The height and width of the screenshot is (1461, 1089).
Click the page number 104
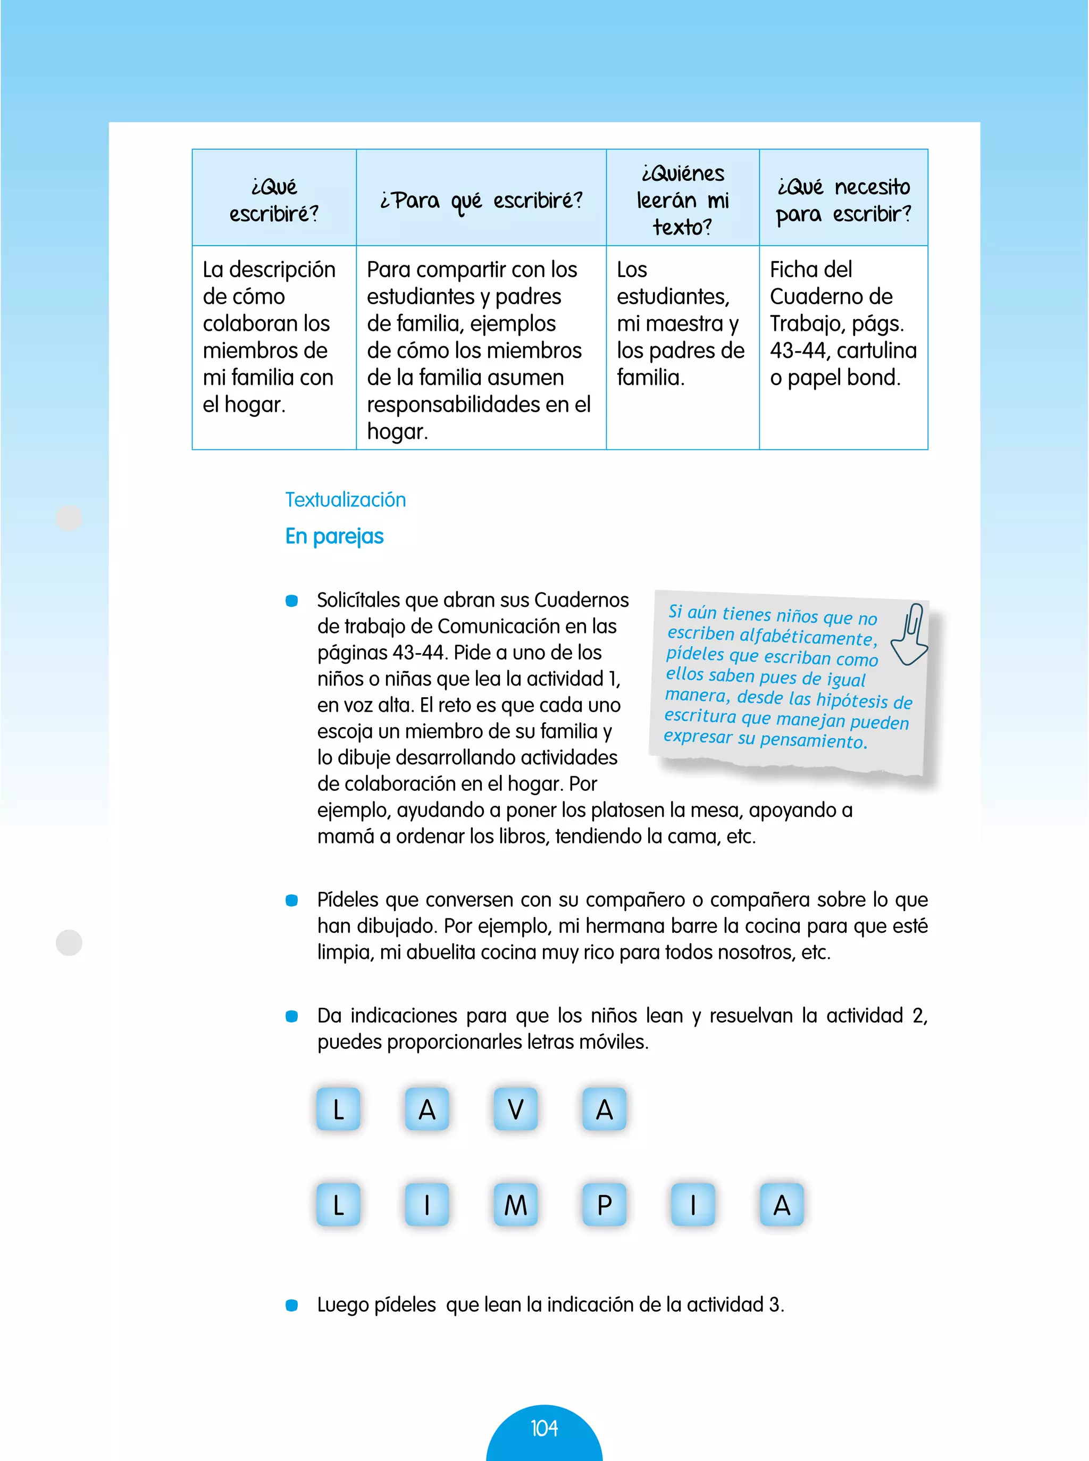pyautogui.click(x=544, y=1428)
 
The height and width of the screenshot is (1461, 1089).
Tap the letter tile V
pyautogui.click(x=515, y=1109)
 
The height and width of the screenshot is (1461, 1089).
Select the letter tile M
pyautogui.click(x=515, y=1205)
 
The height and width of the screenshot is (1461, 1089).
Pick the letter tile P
pyautogui.click(x=604, y=1205)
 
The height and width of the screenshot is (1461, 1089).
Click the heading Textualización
pyautogui.click(x=346, y=500)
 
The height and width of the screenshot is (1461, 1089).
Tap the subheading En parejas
pyautogui.click(x=334, y=536)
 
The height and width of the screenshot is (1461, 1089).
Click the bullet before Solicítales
pyautogui.click(x=291, y=600)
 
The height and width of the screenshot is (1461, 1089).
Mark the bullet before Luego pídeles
pyautogui.click(x=291, y=1305)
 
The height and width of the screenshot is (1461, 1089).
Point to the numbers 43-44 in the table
pyautogui.click(x=798, y=350)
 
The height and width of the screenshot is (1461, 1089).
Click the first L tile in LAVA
pyautogui.click(x=338, y=1109)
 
